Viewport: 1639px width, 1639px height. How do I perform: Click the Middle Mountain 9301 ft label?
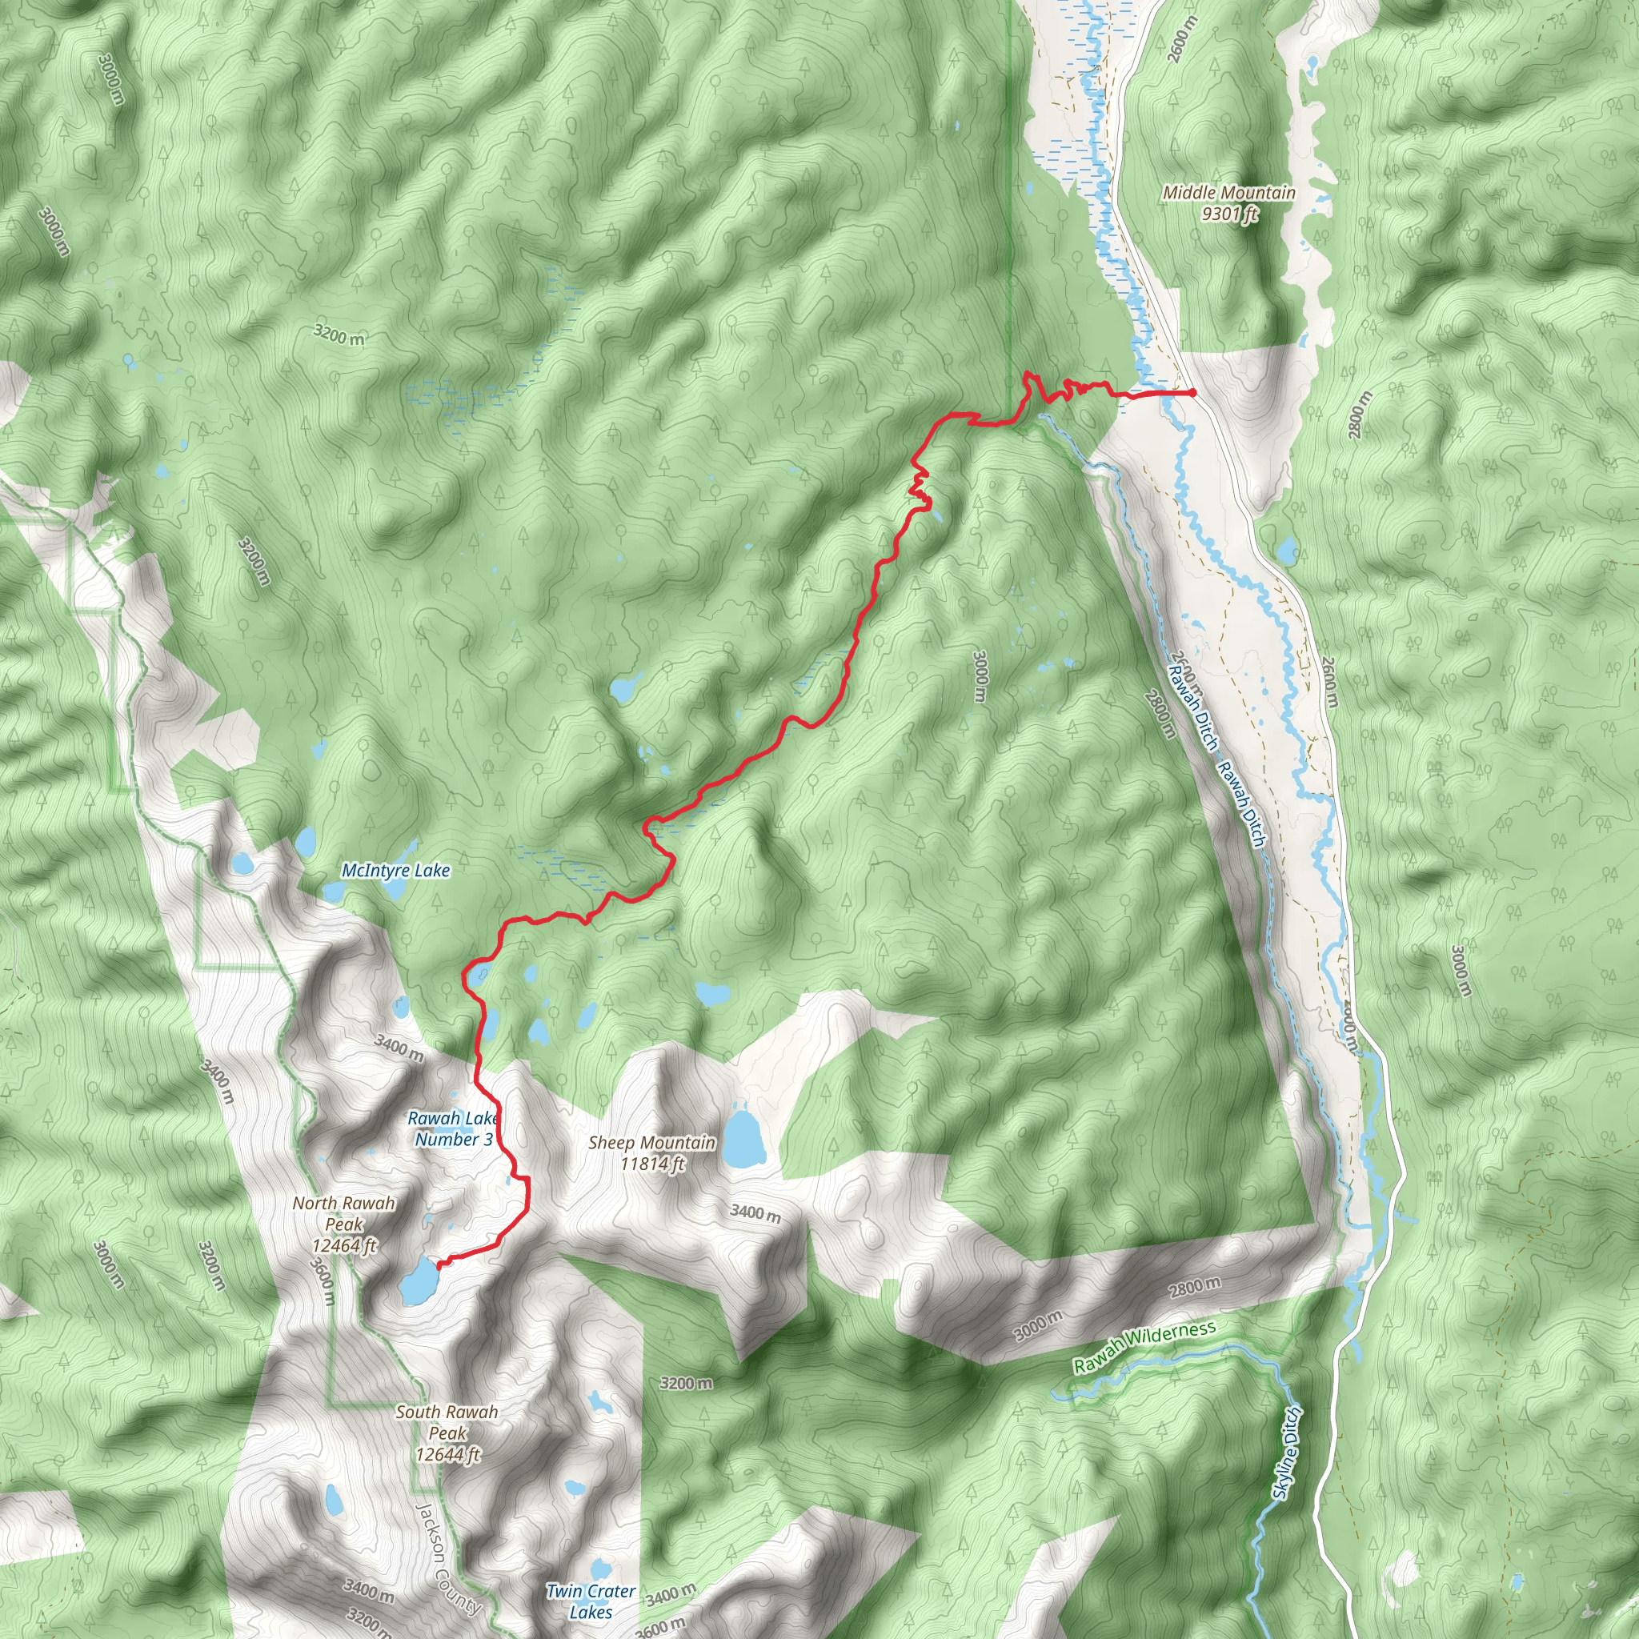pyautogui.click(x=1228, y=203)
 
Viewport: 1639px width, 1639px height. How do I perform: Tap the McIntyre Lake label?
pyautogui.click(x=395, y=871)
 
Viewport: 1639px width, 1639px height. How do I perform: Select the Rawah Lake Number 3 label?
pyautogui.click(x=453, y=1129)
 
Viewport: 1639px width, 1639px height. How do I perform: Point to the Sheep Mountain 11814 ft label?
pyautogui.click(x=651, y=1154)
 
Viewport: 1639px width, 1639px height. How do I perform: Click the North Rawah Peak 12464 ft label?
pyautogui.click(x=343, y=1224)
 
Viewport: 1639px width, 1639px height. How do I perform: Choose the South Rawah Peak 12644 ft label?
pyautogui.click(x=447, y=1433)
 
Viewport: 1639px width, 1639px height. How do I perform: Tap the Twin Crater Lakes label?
pyautogui.click(x=591, y=1601)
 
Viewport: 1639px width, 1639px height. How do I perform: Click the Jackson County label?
pyautogui.click(x=447, y=1559)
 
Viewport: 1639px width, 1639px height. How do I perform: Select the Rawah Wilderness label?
pyautogui.click(x=1144, y=1347)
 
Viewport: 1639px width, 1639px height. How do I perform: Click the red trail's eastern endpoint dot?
pyautogui.click(x=1192, y=393)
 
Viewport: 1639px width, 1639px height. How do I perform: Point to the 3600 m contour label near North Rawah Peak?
pyautogui.click(x=322, y=1281)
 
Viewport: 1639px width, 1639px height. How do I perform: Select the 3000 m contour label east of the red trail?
pyautogui.click(x=980, y=676)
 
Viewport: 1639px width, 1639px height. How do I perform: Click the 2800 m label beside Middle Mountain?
pyautogui.click(x=1358, y=415)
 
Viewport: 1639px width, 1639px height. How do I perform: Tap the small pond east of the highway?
pyautogui.click(x=1287, y=551)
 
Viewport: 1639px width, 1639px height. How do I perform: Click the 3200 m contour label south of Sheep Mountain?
pyautogui.click(x=687, y=1384)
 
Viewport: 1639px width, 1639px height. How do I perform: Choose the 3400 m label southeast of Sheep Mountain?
pyautogui.click(x=755, y=1212)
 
